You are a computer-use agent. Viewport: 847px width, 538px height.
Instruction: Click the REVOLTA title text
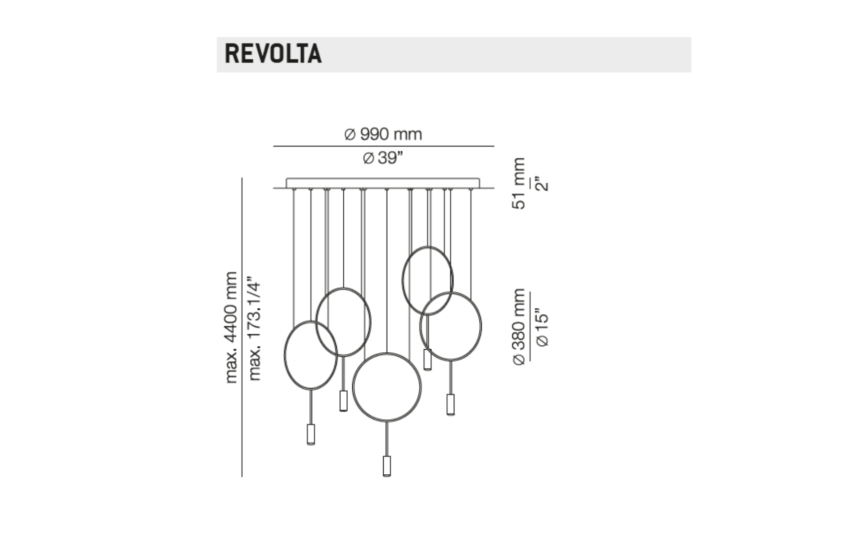click(273, 54)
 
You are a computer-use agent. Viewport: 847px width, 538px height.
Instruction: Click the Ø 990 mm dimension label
click(383, 134)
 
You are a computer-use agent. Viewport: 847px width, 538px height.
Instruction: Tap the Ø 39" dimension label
click(383, 158)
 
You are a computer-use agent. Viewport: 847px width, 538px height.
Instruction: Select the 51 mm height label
click(518, 183)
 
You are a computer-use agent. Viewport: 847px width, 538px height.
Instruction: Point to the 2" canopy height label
click(542, 184)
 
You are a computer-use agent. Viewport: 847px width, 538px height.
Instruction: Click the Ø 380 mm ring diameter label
click(519, 327)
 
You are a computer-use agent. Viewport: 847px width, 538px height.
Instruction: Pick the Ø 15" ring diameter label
click(542, 329)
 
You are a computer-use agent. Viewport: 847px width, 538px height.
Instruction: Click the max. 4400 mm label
click(231, 327)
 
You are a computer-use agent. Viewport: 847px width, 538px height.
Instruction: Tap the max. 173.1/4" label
click(254, 329)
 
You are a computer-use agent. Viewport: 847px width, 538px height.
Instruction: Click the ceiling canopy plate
click(383, 183)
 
